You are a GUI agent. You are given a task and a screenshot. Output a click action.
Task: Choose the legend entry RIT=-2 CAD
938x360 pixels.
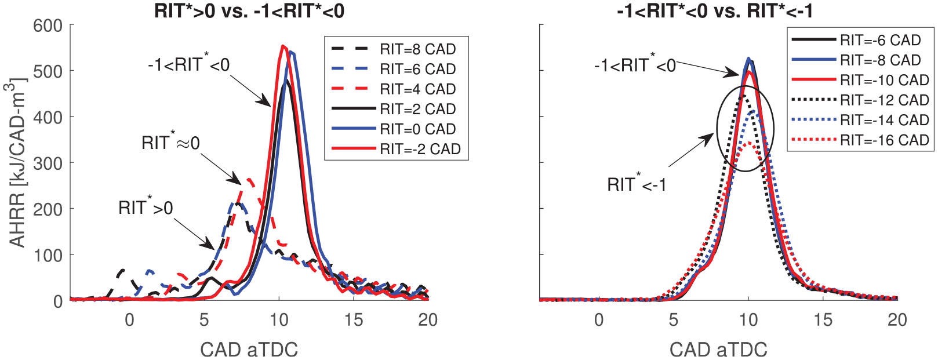(x=396, y=148)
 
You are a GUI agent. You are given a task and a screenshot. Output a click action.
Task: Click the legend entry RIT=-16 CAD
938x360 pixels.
(x=860, y=140)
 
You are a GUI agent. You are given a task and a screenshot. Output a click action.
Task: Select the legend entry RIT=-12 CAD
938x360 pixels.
(x=860, y=100)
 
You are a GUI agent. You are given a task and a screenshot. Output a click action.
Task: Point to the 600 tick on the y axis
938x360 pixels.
(x=48, y=26)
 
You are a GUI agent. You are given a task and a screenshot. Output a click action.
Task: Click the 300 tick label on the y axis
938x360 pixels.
(x=48, y=163)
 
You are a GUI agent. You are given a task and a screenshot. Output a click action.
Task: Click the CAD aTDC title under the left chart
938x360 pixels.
(x=249, y=349)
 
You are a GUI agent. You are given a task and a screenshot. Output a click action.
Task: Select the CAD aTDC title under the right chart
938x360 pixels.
(x=719, y=349)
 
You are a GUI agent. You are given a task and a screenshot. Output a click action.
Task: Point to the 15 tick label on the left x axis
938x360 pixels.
(x=354, y=320)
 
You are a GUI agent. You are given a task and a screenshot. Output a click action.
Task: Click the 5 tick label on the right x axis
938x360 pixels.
(x=673, y=320)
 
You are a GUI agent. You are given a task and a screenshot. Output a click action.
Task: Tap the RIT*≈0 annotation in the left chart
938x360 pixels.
(x=170, y=143)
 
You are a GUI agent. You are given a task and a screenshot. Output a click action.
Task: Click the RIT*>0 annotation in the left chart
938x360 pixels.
(x=146, y=207)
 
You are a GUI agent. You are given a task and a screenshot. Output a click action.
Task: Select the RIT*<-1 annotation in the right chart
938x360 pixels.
(x=637, y=184)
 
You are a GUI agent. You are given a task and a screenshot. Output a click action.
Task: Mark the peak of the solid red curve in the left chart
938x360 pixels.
(x=283, y=46)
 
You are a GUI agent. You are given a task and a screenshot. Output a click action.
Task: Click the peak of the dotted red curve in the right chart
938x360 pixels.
(x=748, y=143)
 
